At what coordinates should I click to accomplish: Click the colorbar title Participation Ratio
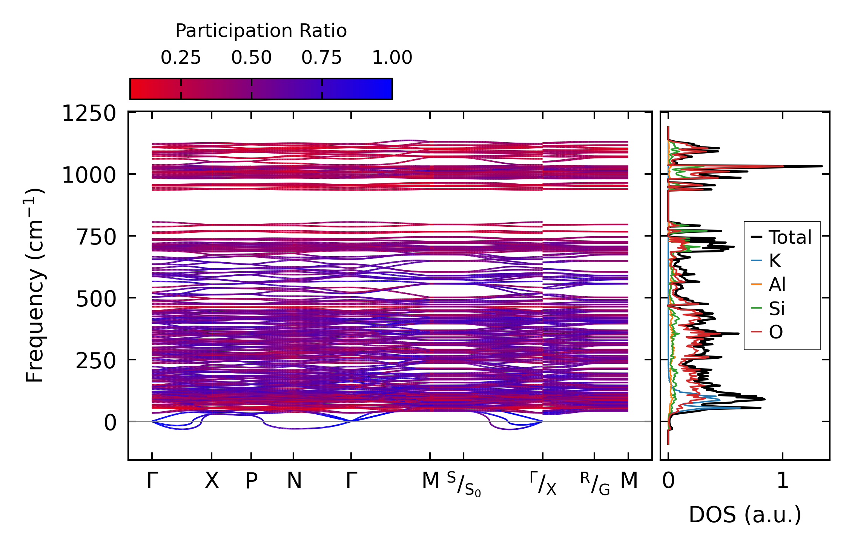261,31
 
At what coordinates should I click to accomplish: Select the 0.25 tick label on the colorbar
181,58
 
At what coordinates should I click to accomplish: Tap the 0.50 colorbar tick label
251,58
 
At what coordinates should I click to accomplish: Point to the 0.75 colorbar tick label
321,58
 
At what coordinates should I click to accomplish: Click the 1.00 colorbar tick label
392,58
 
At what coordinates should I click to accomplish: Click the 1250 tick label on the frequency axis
89,114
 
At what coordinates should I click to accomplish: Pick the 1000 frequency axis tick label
89,175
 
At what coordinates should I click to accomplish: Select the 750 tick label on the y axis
96,238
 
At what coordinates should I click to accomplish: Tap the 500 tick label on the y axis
96,300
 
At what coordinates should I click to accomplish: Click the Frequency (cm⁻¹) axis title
35,286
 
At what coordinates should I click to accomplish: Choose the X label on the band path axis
212,481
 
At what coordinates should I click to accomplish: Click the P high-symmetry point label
252,481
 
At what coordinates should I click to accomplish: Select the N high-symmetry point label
294,481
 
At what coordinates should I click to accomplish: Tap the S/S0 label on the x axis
464,484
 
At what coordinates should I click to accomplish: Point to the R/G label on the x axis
595,484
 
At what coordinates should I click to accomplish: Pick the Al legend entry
777,284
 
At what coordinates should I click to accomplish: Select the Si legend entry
777,309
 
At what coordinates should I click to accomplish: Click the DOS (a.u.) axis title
745,515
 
